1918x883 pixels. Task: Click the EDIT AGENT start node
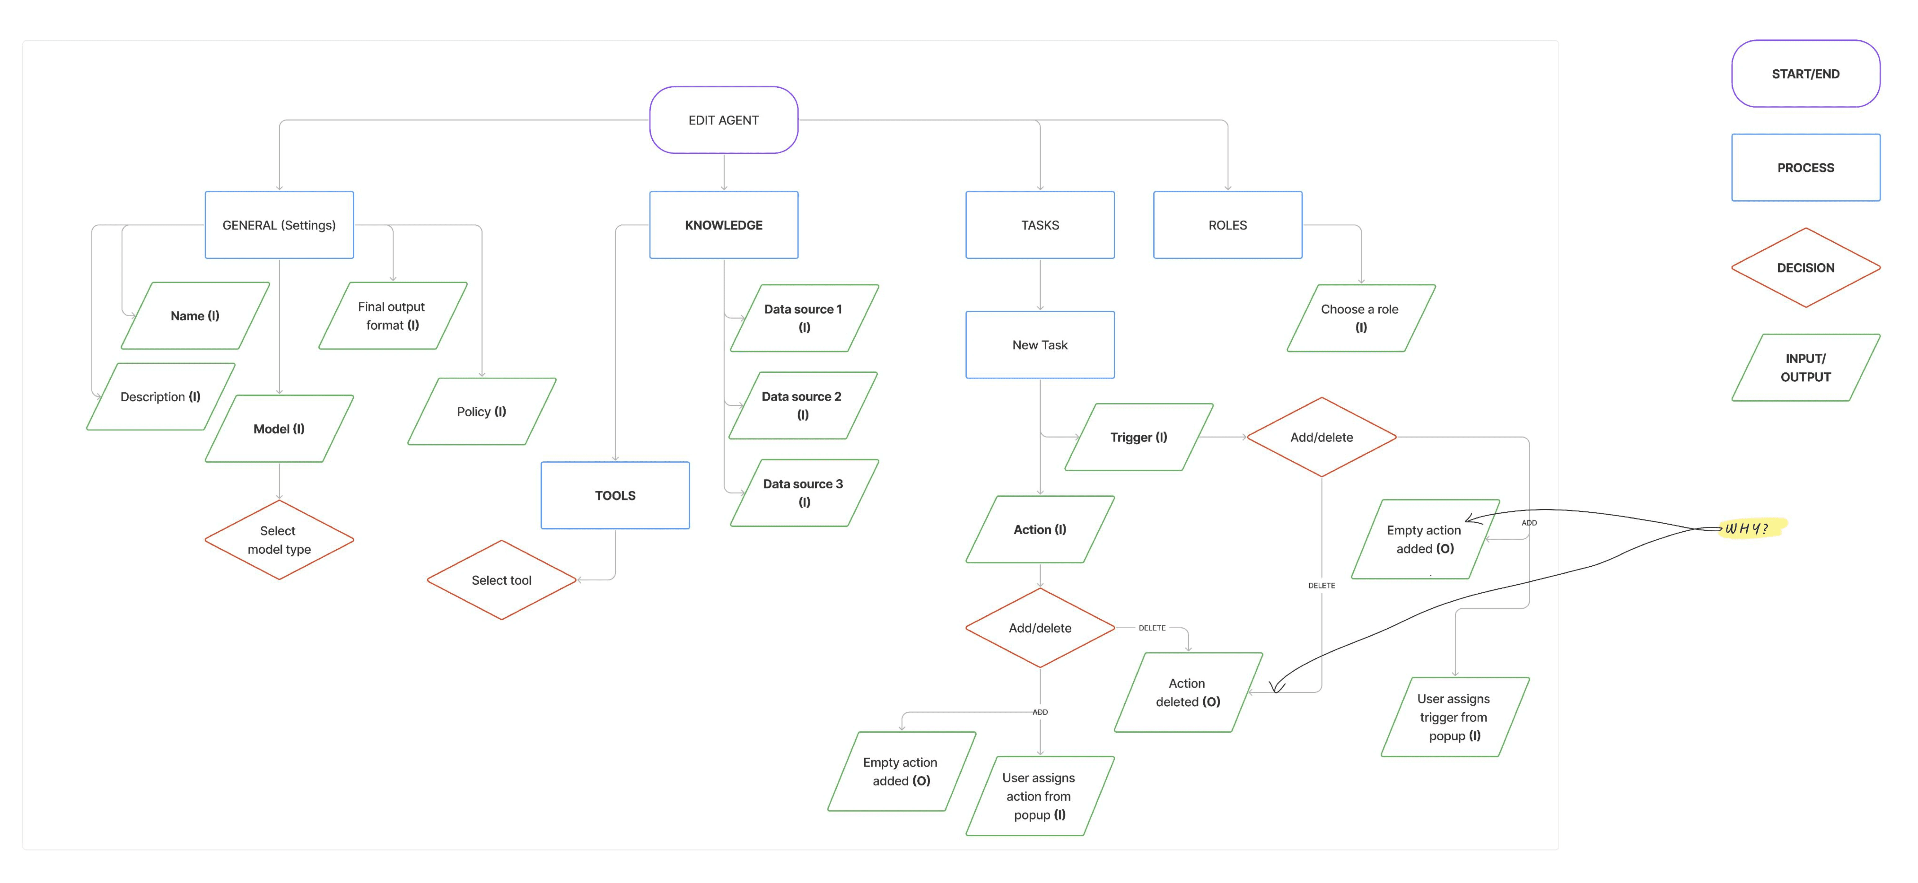pos(724,120)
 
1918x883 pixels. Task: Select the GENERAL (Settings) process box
pos(279,225)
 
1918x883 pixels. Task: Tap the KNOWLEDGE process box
pos(724,225)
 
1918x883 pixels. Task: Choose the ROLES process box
pos(1228,225)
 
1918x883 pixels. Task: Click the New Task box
pos(1040,345)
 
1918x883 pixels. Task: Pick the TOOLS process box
pos(615,495)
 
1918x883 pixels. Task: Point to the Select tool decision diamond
pos(502,580)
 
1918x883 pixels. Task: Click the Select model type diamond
pos(279,540)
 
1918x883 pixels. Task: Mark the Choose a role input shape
pos(1361,318)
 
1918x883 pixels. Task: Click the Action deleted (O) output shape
pos(1188,692)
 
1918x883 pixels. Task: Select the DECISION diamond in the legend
pos(1806,267)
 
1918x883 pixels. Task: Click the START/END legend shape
pos(1806,74)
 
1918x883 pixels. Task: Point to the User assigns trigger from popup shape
pos(1455,717)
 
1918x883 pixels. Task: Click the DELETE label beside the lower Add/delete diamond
pos(1152,628)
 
